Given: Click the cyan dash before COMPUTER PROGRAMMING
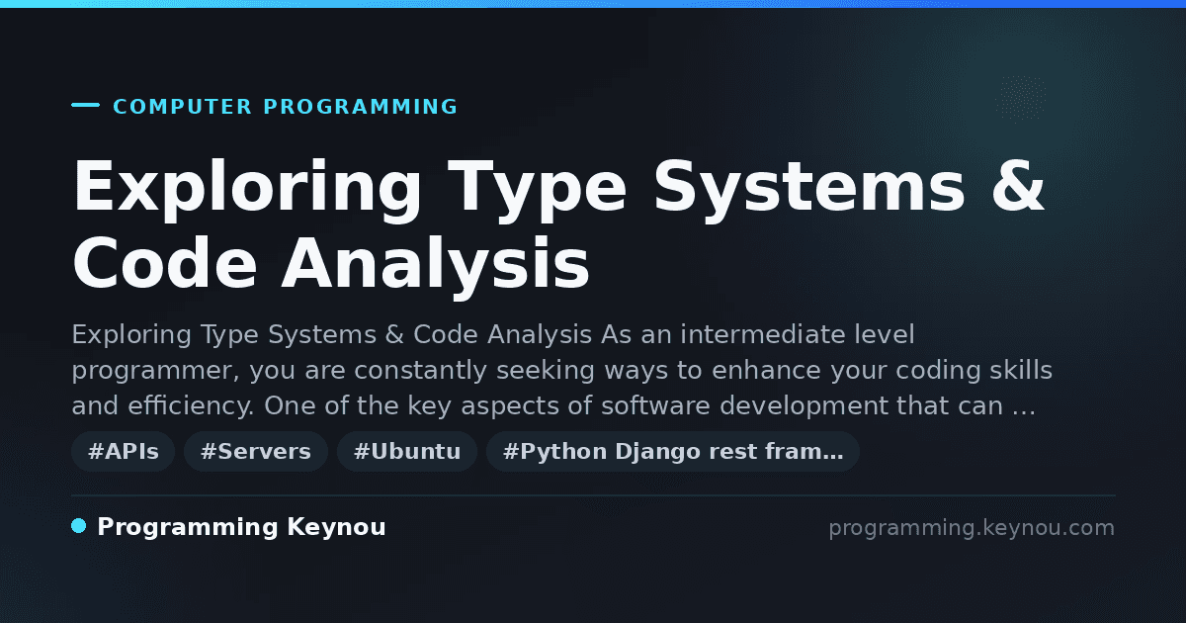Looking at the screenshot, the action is pos(85,105).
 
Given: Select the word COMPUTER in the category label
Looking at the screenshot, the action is pos(182,107).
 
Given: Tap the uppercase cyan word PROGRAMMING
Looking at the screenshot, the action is pos(361,107).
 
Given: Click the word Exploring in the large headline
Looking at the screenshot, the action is pos(247,189).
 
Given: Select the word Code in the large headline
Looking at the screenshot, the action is pos(165,262).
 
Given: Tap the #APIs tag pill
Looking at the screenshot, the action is pos(124,451).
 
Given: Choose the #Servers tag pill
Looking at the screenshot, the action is pos(256,451).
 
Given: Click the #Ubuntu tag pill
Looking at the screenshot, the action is pos(407,451).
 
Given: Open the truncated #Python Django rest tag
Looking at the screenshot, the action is pos(672,451).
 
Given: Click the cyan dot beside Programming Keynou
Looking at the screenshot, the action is pos(79,526).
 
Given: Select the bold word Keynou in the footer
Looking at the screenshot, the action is pos(336,527).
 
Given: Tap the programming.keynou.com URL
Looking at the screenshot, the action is pos(972,528).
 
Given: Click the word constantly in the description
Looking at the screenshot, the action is pos(420,370).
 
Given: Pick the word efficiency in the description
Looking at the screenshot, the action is pos(190,405).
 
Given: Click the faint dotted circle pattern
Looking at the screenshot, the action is pos(1020,98).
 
